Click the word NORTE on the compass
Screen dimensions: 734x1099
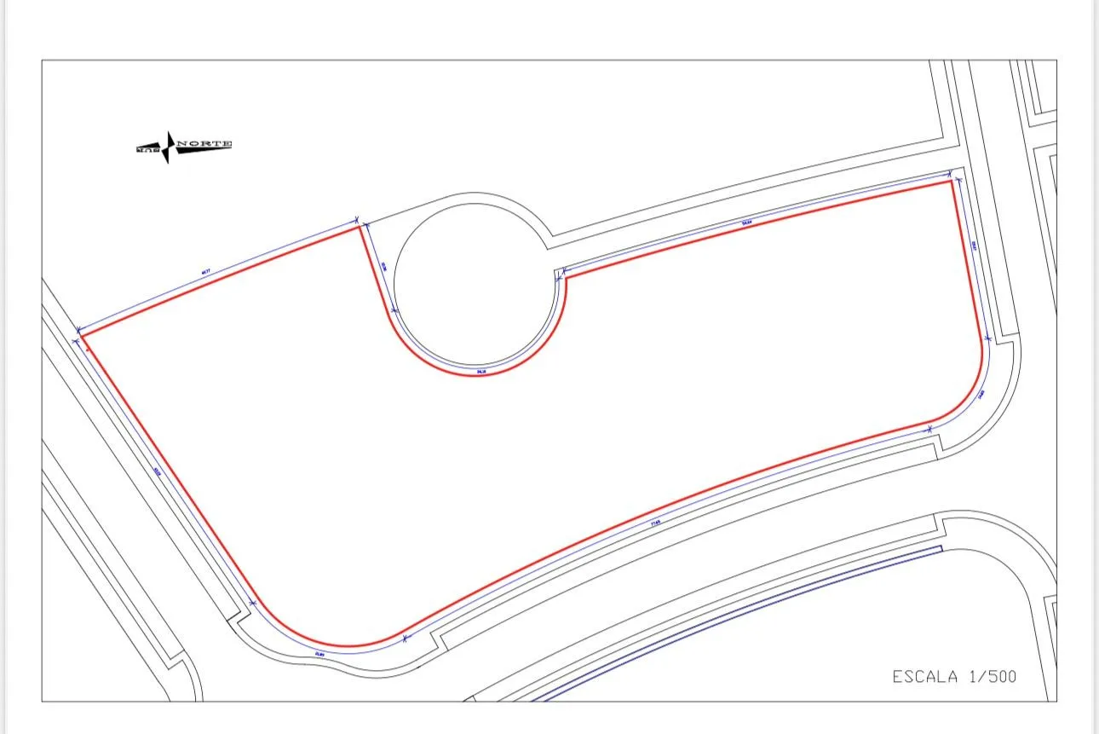(x=204, y=144)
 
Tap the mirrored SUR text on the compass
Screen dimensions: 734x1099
(x=148, y=150)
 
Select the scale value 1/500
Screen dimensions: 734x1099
(x=993, y=677)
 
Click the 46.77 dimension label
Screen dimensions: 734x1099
(x=204, y=273)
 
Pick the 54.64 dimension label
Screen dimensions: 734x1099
(x=747, y=223)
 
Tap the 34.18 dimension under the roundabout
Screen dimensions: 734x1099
(x=481, y=371)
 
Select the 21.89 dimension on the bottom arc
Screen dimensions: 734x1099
(x=319, y=654)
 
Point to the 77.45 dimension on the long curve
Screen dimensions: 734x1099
(x=655, y=523)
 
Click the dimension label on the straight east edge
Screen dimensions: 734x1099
(x=974, y=246)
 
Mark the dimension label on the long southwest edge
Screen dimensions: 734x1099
(x=158, y=471)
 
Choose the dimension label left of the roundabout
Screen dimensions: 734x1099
(x=383, y=266)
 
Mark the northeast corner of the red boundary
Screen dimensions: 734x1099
(x=951, y=181)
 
